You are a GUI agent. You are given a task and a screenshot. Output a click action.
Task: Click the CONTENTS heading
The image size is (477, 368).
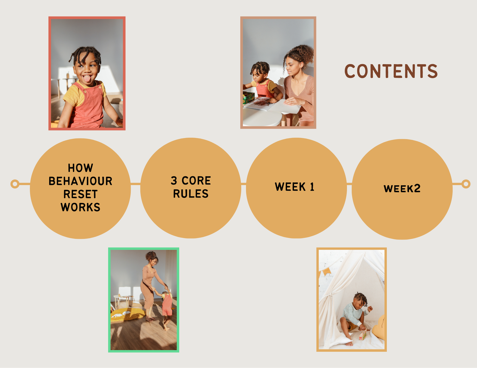pyautogui.click(x=391, y=71)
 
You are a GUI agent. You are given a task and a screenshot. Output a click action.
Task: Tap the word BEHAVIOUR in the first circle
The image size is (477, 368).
pyautogui.click(x=80, y=181)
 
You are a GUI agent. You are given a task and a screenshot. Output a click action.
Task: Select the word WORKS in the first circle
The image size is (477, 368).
pyautogui.click(x=80, y=207)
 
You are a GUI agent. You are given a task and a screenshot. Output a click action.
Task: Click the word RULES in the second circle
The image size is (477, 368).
pyautogui.click(x=191, y=194)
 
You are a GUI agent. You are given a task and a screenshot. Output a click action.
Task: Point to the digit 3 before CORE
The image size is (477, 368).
pyautogui.click(x=174, y=181)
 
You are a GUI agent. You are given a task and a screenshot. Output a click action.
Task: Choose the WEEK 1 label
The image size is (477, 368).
pyautogui.click(x=295, y=187)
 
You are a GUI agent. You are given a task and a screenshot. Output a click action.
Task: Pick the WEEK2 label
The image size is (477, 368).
pyautogui.click(x=402, y=189)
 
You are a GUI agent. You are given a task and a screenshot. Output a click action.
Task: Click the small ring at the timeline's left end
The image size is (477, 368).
pyautogui.click(x=15, y=184)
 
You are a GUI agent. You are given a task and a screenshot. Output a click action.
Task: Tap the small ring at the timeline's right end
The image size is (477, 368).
pyautogui.click(x=466, y=184)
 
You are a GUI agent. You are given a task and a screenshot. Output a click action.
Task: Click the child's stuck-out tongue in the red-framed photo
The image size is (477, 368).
pyautogui.click(x=87, y=79)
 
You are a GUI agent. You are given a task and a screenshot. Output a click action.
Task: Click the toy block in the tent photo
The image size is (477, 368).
pyautogui.click(x=362, y=336)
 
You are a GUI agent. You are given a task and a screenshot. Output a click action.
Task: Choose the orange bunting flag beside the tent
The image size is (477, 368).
pyautogui.click(x=327, y=271)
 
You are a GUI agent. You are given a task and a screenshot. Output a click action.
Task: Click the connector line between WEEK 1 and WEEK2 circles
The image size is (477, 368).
pyautogui.click(x=349, y=184)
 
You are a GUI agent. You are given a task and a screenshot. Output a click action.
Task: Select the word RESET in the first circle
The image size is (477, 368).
pyautogui.click(x=80, y=194)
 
